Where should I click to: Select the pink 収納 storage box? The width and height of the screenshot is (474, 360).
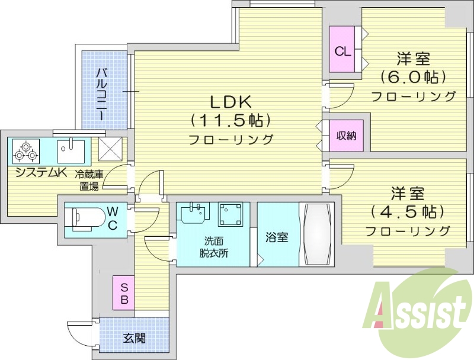[x=347, y=136]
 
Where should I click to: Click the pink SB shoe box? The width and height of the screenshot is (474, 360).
[x=124, y=292]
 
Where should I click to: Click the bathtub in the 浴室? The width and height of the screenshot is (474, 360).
[x=316, y=234]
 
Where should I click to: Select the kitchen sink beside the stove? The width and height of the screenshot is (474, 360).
[x=71, y=152]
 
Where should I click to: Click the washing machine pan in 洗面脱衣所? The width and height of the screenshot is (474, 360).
[x=230, y=215]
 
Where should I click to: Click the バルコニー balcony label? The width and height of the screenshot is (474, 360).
[x=102, y=94]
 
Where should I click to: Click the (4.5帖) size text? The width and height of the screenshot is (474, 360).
[x=407, y=211]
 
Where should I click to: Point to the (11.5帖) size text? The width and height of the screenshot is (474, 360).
[x=230, y=120]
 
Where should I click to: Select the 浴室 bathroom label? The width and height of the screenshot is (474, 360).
[x=277, y=237]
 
